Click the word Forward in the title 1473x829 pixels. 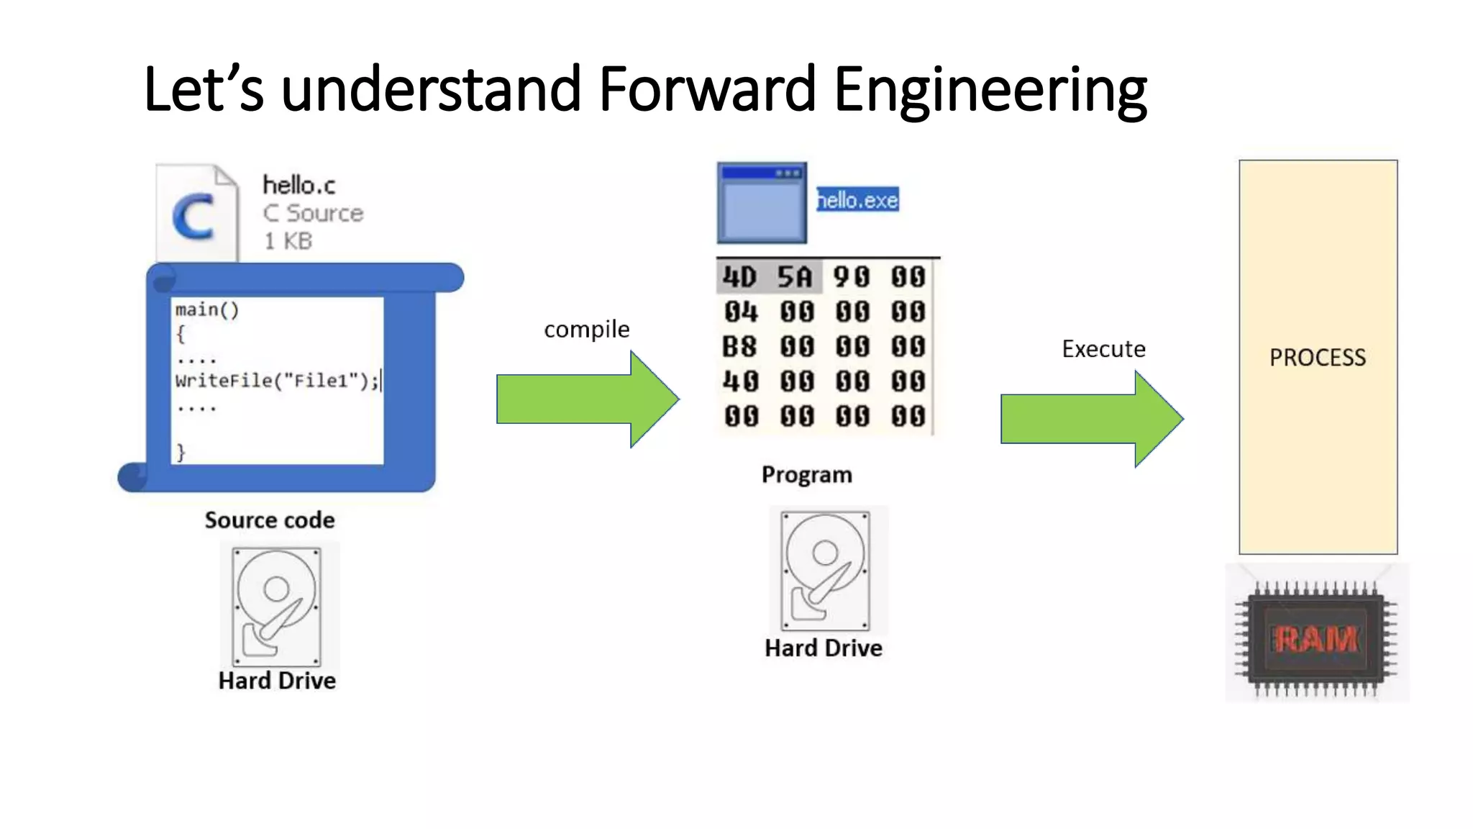tap(706, 89)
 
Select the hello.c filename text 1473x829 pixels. tap(298, 186)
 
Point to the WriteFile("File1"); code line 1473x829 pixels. tap(277, 381)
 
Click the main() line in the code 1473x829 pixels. tap(207, 310)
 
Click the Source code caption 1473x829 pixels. tap(270, 520)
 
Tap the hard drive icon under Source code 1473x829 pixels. tap(277, 607)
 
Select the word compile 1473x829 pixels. tap(586, 330)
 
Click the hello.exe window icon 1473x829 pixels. tap(762, 204)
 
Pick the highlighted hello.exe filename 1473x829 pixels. tap(857, 200)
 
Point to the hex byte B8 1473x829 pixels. tap(740, 347)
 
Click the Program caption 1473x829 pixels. tap(806, 475)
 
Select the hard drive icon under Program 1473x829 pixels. tap(826, 570)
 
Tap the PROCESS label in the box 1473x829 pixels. tap(1317, 358)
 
